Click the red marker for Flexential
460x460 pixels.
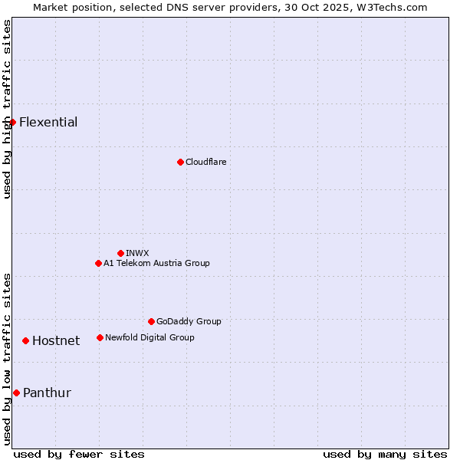click(x=12, y=122)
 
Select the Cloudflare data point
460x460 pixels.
click(x=180, y=162)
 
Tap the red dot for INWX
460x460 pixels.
click(x=120, y=253)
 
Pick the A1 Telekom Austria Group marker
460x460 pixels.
click(x=98, y=263)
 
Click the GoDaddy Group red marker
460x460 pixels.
click(x=151, y=321)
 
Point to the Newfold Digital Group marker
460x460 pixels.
click(x=100, y=337)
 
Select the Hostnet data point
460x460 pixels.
click(x=25, y=340)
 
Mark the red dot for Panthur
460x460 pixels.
click(x=16, y=393)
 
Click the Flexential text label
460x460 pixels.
click(x=48, y=123)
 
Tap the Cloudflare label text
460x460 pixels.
click(x=205, y=162)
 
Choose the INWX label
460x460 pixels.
click(x=137, y=253)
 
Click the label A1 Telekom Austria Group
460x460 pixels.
click(x=156, y=263)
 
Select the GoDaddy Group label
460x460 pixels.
click(x=189, y=321)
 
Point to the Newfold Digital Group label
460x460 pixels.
click(x=149, y=337)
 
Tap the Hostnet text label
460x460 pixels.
click(x=56, y=341)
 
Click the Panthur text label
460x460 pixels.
click(x=47, y=393)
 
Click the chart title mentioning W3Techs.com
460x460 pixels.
click(x=230, y=7)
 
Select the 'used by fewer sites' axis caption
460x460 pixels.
click(x=79, y=454)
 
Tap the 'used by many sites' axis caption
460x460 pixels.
click(x=385, y=454)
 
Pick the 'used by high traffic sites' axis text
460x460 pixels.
click(x=7, y=109)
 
